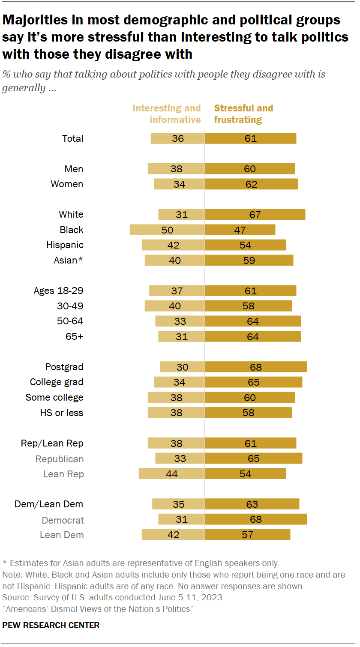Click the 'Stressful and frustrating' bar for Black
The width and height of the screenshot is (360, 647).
[x=240, y=230]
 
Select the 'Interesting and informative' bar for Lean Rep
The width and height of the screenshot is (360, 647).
[x=172, y=474]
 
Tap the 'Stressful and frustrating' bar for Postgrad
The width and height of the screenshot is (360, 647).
[x=256, y=367]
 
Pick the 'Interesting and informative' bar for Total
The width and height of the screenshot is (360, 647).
[x=178, y=138]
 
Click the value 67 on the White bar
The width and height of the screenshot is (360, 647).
[x=255, y=215]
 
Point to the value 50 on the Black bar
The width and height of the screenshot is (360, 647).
[x=168, y=230]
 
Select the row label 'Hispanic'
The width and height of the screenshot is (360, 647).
[x=65, y=245]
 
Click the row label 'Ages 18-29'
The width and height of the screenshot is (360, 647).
[x=58, y=291]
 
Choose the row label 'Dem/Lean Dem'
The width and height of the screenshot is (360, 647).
[x=49, y=504]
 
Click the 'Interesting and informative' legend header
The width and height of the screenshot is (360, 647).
[x=166, y=114]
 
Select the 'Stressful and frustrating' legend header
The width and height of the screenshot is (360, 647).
[x=243, y=114]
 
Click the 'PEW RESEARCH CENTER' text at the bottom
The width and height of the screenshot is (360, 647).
[x=51, y=625]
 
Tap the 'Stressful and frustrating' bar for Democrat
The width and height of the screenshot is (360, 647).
[x=256, y=520]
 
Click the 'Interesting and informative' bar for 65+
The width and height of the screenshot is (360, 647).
[x=182, y=337]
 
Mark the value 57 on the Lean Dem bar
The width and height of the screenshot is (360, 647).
[x=247, y=535]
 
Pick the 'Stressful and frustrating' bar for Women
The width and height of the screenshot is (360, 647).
[x=251, y=184]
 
